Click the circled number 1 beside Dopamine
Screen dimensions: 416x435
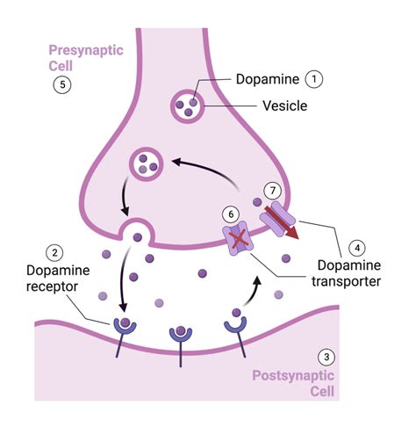pyautogui.click(x=314, y=79)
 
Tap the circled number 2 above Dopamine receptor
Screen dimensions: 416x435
pyautogui.click(x=54, y=252)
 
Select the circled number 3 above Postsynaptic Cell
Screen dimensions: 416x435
pyautogui.click(x=326, y=357)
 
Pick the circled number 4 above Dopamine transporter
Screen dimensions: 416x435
pyautogui.click(x=357, y=248)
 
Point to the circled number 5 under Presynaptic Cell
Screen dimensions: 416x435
pyautogui.click(x=62, y=84)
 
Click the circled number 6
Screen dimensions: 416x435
pyautogui.click(x=231, y=214)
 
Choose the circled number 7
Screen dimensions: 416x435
pyautogui.click(x=273, y=191)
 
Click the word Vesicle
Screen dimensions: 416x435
pyautogui.click(x=285, y=105)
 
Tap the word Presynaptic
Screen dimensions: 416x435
pyautogui.click(x=86, y=51)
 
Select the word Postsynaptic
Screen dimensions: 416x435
pyautogui.click(x=293, y=376)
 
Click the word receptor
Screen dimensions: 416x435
pyautogui.click(x=52, y=286)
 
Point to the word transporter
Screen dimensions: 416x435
pyautogui.click(x=346, y=281)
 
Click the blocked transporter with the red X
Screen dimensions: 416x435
pyautogui.click(x=239, y=238)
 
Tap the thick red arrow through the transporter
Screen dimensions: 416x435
pyautogui.click(x=282, y=222)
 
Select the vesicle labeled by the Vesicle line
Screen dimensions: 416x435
pyautogui.click(x=187, y=106)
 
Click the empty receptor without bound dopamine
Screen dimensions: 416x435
pyautogui.click(x=235, y=325)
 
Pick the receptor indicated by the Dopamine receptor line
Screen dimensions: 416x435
pyautogui.click(x=125, y=328)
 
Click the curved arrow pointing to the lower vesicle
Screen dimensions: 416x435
pyautogui.click(x=206, y=170)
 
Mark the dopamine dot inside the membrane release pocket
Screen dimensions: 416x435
pyautogui.click(x=138, y=237)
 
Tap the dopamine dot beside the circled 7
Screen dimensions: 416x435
pyautogui.click(x=257, y=201)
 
